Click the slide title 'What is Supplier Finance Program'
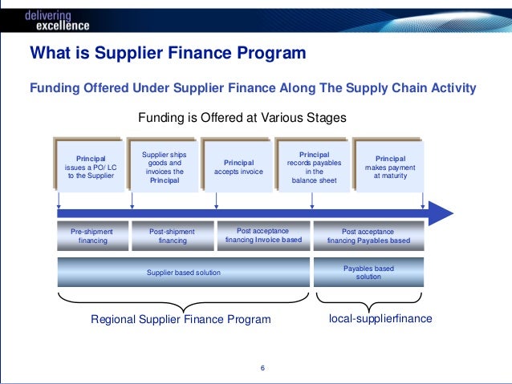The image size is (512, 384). click(168, 55)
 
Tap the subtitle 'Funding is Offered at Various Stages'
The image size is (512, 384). click(242, 117)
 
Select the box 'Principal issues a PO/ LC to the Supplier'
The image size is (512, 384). click(91, 166)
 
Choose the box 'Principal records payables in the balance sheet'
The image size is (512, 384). click(314, 166)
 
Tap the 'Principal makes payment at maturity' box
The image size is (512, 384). click(390, 166)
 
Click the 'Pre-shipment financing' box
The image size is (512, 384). click(92, 236)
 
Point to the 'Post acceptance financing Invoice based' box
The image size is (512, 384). click(263, 236)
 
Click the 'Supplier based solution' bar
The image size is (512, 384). click(184, 273)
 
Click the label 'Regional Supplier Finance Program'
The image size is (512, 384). click(181, 319)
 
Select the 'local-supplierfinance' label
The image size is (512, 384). click(381, 318)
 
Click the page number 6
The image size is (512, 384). click(262, 369)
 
